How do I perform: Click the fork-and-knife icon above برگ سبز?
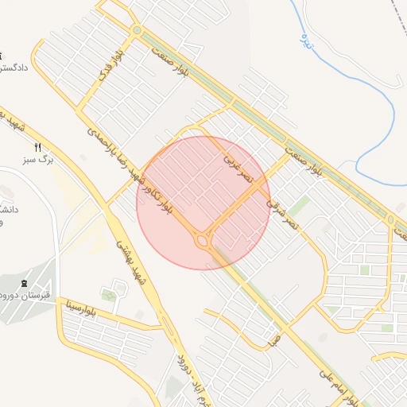tap(37, 147)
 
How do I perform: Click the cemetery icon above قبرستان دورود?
tap(23, 283)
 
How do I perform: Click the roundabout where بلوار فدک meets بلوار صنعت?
tap(137, 30)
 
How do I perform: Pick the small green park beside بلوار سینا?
tap(109, 296)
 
